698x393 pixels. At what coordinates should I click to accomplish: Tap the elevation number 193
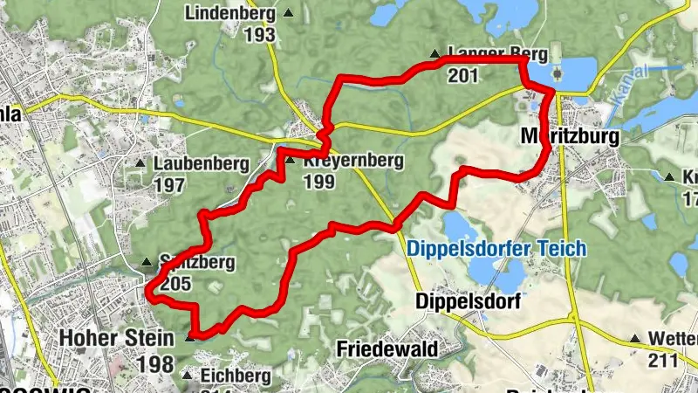coord(259,35)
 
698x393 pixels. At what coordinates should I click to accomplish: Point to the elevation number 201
coord(463,76)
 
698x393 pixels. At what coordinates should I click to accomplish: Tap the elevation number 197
coord(168,184)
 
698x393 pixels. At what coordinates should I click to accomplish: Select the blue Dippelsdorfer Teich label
coord(496,249)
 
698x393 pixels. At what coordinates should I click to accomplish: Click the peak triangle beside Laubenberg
coord(140,163)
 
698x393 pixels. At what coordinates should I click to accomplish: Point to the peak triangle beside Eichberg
coord(186,376)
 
